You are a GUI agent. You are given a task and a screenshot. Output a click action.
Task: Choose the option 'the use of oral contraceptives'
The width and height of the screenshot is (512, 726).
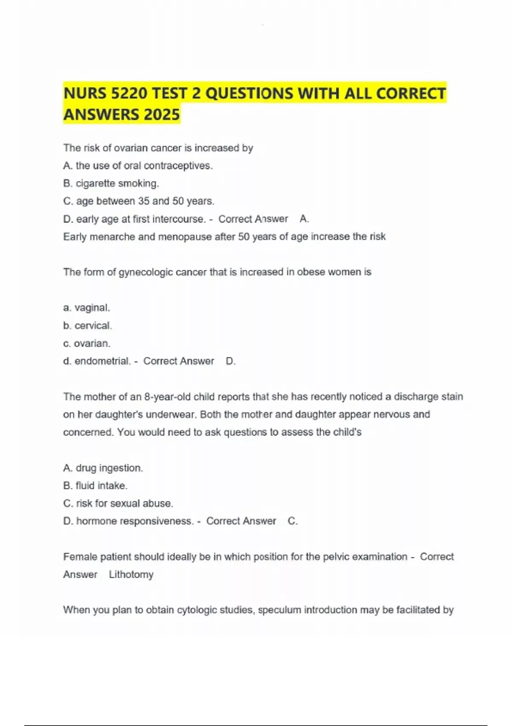point(137,166)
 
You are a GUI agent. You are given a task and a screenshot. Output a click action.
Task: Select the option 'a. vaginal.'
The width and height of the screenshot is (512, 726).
point(87,307)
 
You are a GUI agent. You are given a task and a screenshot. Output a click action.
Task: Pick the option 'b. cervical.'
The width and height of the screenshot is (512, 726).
point(87,325)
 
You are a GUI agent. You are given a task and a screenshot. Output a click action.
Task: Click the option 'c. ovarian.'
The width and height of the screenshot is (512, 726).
point(87,343)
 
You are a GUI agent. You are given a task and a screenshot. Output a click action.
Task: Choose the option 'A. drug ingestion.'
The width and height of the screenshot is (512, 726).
point(103,468)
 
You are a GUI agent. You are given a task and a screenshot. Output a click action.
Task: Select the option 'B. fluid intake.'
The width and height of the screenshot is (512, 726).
point(95,486)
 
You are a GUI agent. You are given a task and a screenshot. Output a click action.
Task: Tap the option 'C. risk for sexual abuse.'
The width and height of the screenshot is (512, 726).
point(118,504)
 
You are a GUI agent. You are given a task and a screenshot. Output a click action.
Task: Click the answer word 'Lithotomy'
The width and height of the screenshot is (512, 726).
point(131,574)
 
